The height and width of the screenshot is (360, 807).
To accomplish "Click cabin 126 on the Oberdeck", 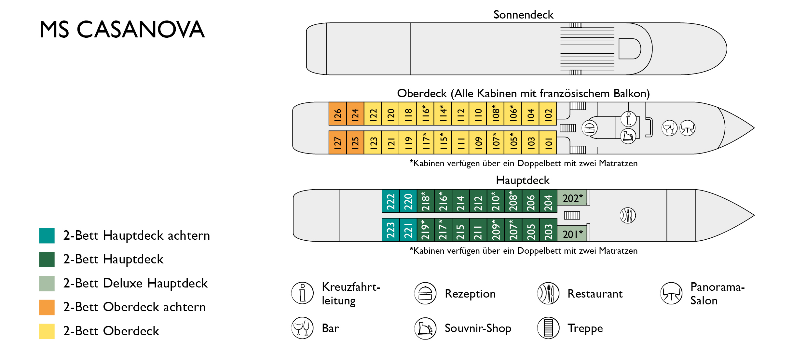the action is (337, 113).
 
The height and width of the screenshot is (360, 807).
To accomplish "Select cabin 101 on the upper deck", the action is (548, 142).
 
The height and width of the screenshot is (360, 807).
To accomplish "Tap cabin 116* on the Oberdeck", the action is (425, 113).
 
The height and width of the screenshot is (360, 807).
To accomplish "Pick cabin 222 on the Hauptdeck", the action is (390, 201).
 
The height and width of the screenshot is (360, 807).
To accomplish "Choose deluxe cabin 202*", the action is (572, 198).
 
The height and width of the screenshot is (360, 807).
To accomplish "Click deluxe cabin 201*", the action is (572, 233).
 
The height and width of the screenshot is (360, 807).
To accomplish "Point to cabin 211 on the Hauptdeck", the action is (478, 230).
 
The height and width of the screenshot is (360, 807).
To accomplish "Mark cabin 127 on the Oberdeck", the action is (337, 142).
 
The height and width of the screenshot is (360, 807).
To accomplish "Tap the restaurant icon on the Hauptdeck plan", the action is (628, 215).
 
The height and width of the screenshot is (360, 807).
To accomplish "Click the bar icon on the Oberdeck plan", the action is (669, 128).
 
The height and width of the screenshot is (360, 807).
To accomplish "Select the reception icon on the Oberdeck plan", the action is (589, 128).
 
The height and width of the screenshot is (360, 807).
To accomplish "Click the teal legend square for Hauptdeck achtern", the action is (47, 235).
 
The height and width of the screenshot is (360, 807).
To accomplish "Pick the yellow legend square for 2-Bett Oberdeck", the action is (47, 331).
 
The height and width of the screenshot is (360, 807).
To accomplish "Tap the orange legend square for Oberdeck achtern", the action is (47, 307).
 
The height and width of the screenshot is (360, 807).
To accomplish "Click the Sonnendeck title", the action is (523, 15).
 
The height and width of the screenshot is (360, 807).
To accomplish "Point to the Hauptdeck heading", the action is (523, 180).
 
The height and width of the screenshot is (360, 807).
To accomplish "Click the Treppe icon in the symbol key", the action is (548, 328).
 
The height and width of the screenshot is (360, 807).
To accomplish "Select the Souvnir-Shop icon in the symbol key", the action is (425, 328).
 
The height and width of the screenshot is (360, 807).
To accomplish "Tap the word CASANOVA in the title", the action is (141, 30).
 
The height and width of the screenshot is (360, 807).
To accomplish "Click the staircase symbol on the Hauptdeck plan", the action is (572, 215).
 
